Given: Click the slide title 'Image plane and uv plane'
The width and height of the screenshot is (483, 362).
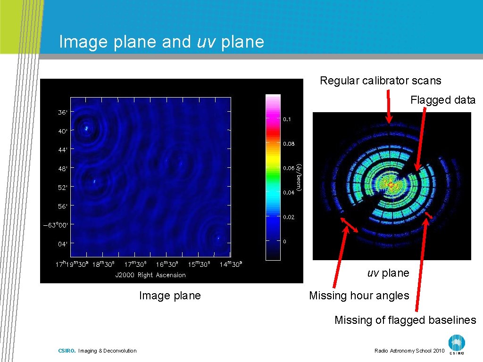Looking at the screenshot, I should [161, 42].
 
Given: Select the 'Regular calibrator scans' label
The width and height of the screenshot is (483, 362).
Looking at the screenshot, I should [381, 81].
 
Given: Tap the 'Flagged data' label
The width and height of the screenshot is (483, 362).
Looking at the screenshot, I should [443, 100].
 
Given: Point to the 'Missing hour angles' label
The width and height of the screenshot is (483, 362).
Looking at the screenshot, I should [359, 296].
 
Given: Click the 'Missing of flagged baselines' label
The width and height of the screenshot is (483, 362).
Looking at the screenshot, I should [405, 320].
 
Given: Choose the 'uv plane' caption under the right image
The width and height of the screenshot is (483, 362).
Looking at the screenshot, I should [388, 273].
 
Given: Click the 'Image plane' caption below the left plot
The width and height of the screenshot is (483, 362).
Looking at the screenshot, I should [170, 296].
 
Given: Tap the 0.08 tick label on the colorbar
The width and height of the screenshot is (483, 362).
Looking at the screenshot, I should [288, 144].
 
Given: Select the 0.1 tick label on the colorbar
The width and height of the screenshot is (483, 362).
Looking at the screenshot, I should [286, 119].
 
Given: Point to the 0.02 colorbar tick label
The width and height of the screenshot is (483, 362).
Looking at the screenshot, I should [288, 217].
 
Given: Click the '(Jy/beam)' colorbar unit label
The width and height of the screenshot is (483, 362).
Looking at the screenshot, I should [299, 177].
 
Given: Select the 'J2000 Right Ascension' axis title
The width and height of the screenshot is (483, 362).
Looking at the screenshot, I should [150, 275].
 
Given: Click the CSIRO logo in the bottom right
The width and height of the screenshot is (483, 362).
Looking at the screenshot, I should [456, 344].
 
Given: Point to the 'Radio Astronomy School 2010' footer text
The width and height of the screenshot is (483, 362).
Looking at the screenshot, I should [409, 351].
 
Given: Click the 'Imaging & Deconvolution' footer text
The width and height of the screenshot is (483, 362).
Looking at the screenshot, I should [107, 351].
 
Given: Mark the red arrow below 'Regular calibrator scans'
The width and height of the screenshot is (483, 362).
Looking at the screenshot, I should [389, 107].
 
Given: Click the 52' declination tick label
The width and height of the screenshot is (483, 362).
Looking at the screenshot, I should [63, 187].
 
